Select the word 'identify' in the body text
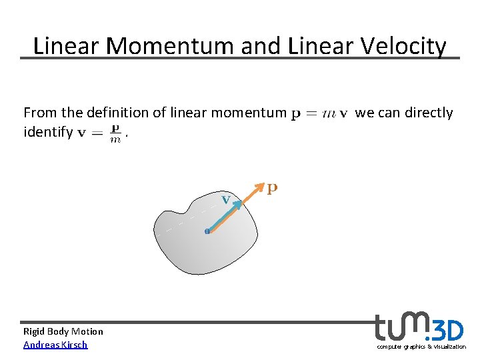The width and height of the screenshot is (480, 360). (x=47, y=132)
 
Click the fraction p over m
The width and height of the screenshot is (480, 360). (x=115, y=132)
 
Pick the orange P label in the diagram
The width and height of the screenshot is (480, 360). (x=272, y=189)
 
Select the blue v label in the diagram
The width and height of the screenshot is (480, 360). (x=227, y=199)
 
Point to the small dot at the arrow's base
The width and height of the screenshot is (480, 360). (x=207, y=231)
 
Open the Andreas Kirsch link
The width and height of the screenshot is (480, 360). (x=55, y=345)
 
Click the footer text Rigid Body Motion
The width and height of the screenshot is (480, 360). (x=63, y=331)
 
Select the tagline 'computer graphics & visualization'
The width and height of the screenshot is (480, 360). (x=421, y=347)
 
